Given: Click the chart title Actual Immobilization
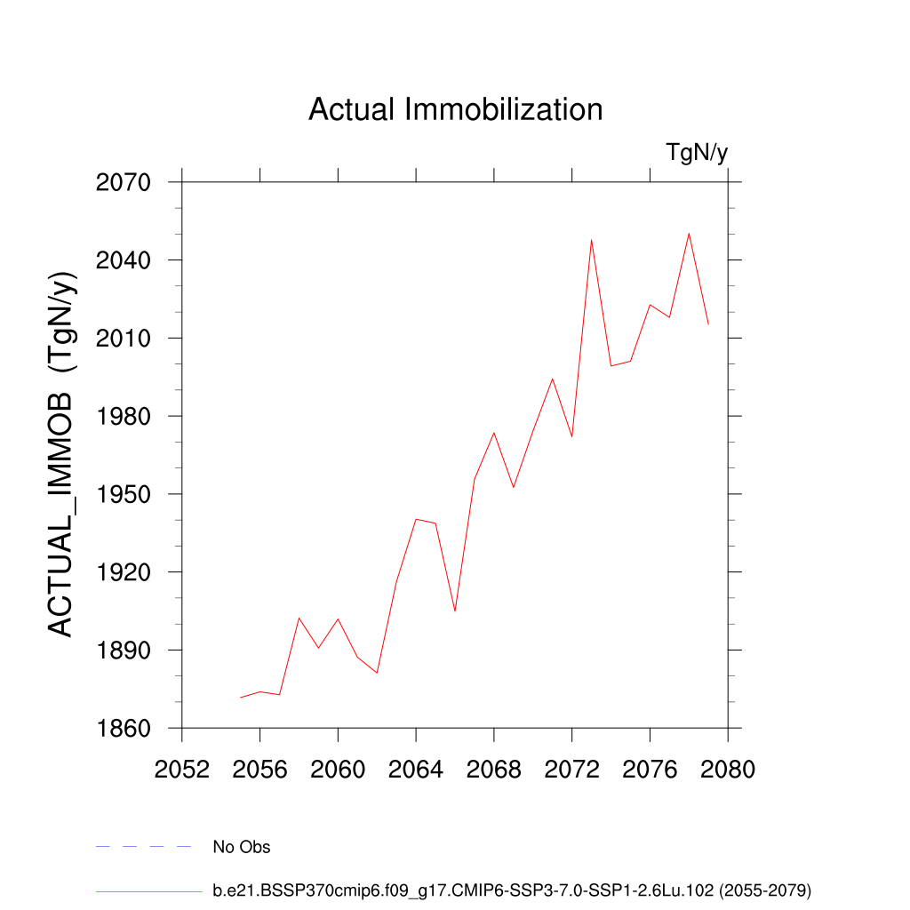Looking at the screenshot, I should click(455, 110).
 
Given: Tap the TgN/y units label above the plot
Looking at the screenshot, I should click(697, 153).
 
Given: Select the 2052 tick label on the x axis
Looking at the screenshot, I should click(182, 770).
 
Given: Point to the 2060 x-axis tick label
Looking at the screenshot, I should click(338, 770).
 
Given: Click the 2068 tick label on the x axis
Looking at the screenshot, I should click(494, 770).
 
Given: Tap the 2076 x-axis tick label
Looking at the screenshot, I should click(650, 770).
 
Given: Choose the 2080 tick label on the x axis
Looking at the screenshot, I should click(728, 770).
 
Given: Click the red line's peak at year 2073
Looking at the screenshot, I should click(591, 240).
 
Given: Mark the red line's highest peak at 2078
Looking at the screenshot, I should click(689, 234).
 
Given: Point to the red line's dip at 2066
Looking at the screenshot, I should click(455, 611).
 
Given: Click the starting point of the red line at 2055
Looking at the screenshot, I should click(241, 698).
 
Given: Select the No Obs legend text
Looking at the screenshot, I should click(242, 848).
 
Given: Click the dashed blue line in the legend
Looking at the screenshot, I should click(144, 847).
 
